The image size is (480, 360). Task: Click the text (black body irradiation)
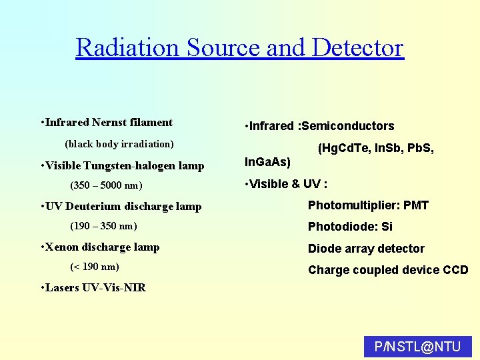pyautogui.click(x=119, y=144)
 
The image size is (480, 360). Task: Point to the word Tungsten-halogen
pyautogui.click(x=135, y=166)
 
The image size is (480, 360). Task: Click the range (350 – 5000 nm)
pyautogui.click(x=106, y=185)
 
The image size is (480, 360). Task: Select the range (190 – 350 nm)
pyautogui.click(x=103, y=227)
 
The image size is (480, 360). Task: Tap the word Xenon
pyautogui.click(x=63, y=247)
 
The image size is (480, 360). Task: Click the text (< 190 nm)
pyautogui.click(x=94, y=267)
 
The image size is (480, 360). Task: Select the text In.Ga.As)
pyautogui.click(x=268, y=162)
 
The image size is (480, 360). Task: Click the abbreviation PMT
pyautogui.click(x=416, y=205)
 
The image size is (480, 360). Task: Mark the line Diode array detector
pyautogui.click(x=366, y=249)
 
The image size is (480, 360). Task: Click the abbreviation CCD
pyautogui.click(x=455, y=270)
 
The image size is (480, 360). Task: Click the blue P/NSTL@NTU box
pyautogui.click(x=418, y=347)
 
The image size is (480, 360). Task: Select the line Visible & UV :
pyautogui.click(x=287, y=184)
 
